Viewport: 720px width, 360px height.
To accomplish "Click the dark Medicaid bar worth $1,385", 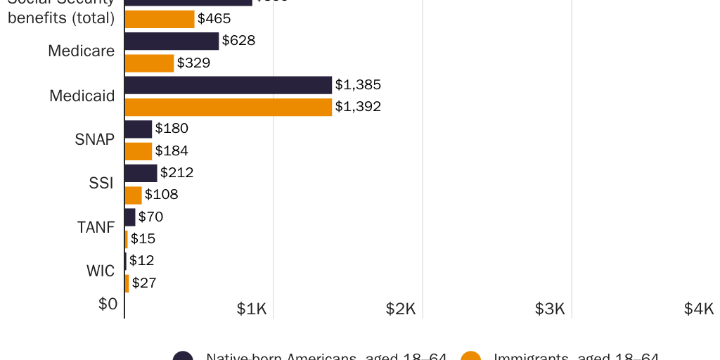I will pos(228,85).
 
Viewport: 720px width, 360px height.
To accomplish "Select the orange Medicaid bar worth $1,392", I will pos(228,107).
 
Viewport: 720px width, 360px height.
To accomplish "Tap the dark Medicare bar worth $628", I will pos(172,41).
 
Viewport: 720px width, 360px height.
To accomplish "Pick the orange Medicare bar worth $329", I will pos(149,63).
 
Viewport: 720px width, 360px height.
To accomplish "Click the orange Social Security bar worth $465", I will pos(160,19).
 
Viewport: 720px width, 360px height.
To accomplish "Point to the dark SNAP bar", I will pos(139,129).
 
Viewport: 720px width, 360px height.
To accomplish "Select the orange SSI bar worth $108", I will pos(133,195).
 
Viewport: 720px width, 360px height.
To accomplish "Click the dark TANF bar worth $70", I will pos(130,217).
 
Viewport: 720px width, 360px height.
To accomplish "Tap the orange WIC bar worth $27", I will pos(127,283).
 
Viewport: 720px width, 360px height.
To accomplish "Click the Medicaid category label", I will pos(82,96).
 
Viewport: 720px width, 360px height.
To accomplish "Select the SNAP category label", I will pos(94,139).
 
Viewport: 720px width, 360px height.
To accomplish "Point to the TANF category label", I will pos(96,227).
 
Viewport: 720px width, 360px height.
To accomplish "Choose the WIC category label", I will pos(101,271).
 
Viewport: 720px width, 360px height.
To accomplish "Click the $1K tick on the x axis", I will pos(252,309).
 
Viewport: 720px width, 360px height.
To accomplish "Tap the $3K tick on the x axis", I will pos(550,309).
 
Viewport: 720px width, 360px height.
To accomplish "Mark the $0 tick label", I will pos(108,304).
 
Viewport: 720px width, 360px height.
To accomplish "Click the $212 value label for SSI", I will pos(176,172).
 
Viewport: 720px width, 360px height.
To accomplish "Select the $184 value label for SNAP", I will pos(172,150).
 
